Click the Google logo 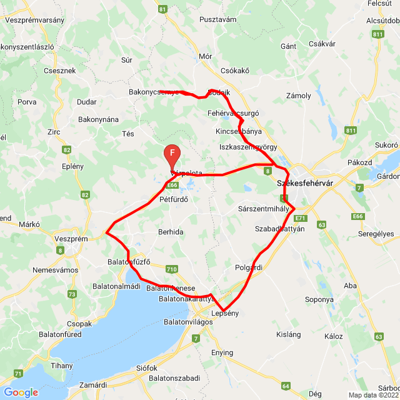[21, 392]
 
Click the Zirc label [54, 132]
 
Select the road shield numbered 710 [172, 269]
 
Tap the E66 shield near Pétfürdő [173, 185]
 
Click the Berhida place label [171, 232]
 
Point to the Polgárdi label [248, 267]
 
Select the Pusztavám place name [217, 19]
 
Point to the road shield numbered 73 [72, 294]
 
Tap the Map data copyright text [372, 394]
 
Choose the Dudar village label [86, 102]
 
